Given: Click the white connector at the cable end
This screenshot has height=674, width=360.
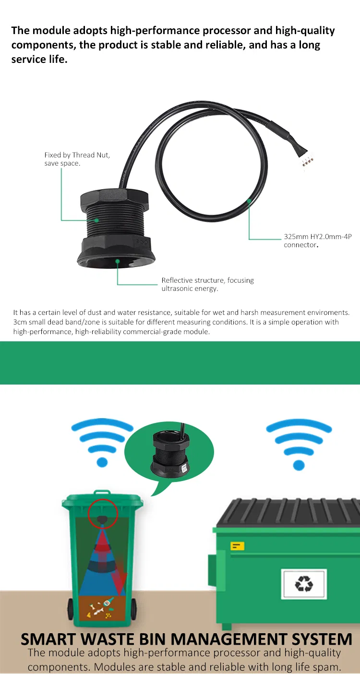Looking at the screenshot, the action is [x=307, y=161].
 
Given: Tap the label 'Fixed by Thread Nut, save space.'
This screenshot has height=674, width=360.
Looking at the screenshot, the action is [x=77, y=159].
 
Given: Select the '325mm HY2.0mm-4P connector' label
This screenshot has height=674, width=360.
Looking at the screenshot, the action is [x=317, y=241].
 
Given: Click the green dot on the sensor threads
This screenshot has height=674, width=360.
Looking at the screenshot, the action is [x=96, y=220].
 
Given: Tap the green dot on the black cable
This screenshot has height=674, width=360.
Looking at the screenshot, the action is [x=249, y=201].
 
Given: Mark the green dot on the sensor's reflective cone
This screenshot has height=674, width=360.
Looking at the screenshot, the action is [x=117, y=261].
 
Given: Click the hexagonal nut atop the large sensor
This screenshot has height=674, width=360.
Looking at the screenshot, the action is [x=114, y=199].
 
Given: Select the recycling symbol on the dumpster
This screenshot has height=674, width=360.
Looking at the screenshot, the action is [x=304, y=584].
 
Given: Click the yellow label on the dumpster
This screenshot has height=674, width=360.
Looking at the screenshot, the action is [x=237, y=546].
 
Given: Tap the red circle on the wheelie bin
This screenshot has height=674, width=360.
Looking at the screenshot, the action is [x=103, y=514].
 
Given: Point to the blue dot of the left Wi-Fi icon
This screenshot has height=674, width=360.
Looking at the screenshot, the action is [x=102, y=462].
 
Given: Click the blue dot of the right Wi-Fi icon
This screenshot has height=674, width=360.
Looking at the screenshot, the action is [x=299, y=465].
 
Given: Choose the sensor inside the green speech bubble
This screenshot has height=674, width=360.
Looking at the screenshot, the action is [x=170, y=451].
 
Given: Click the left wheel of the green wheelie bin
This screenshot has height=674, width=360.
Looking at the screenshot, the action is [x=71, y=609].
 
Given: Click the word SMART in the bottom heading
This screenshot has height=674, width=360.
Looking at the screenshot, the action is [x=48, y=639].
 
